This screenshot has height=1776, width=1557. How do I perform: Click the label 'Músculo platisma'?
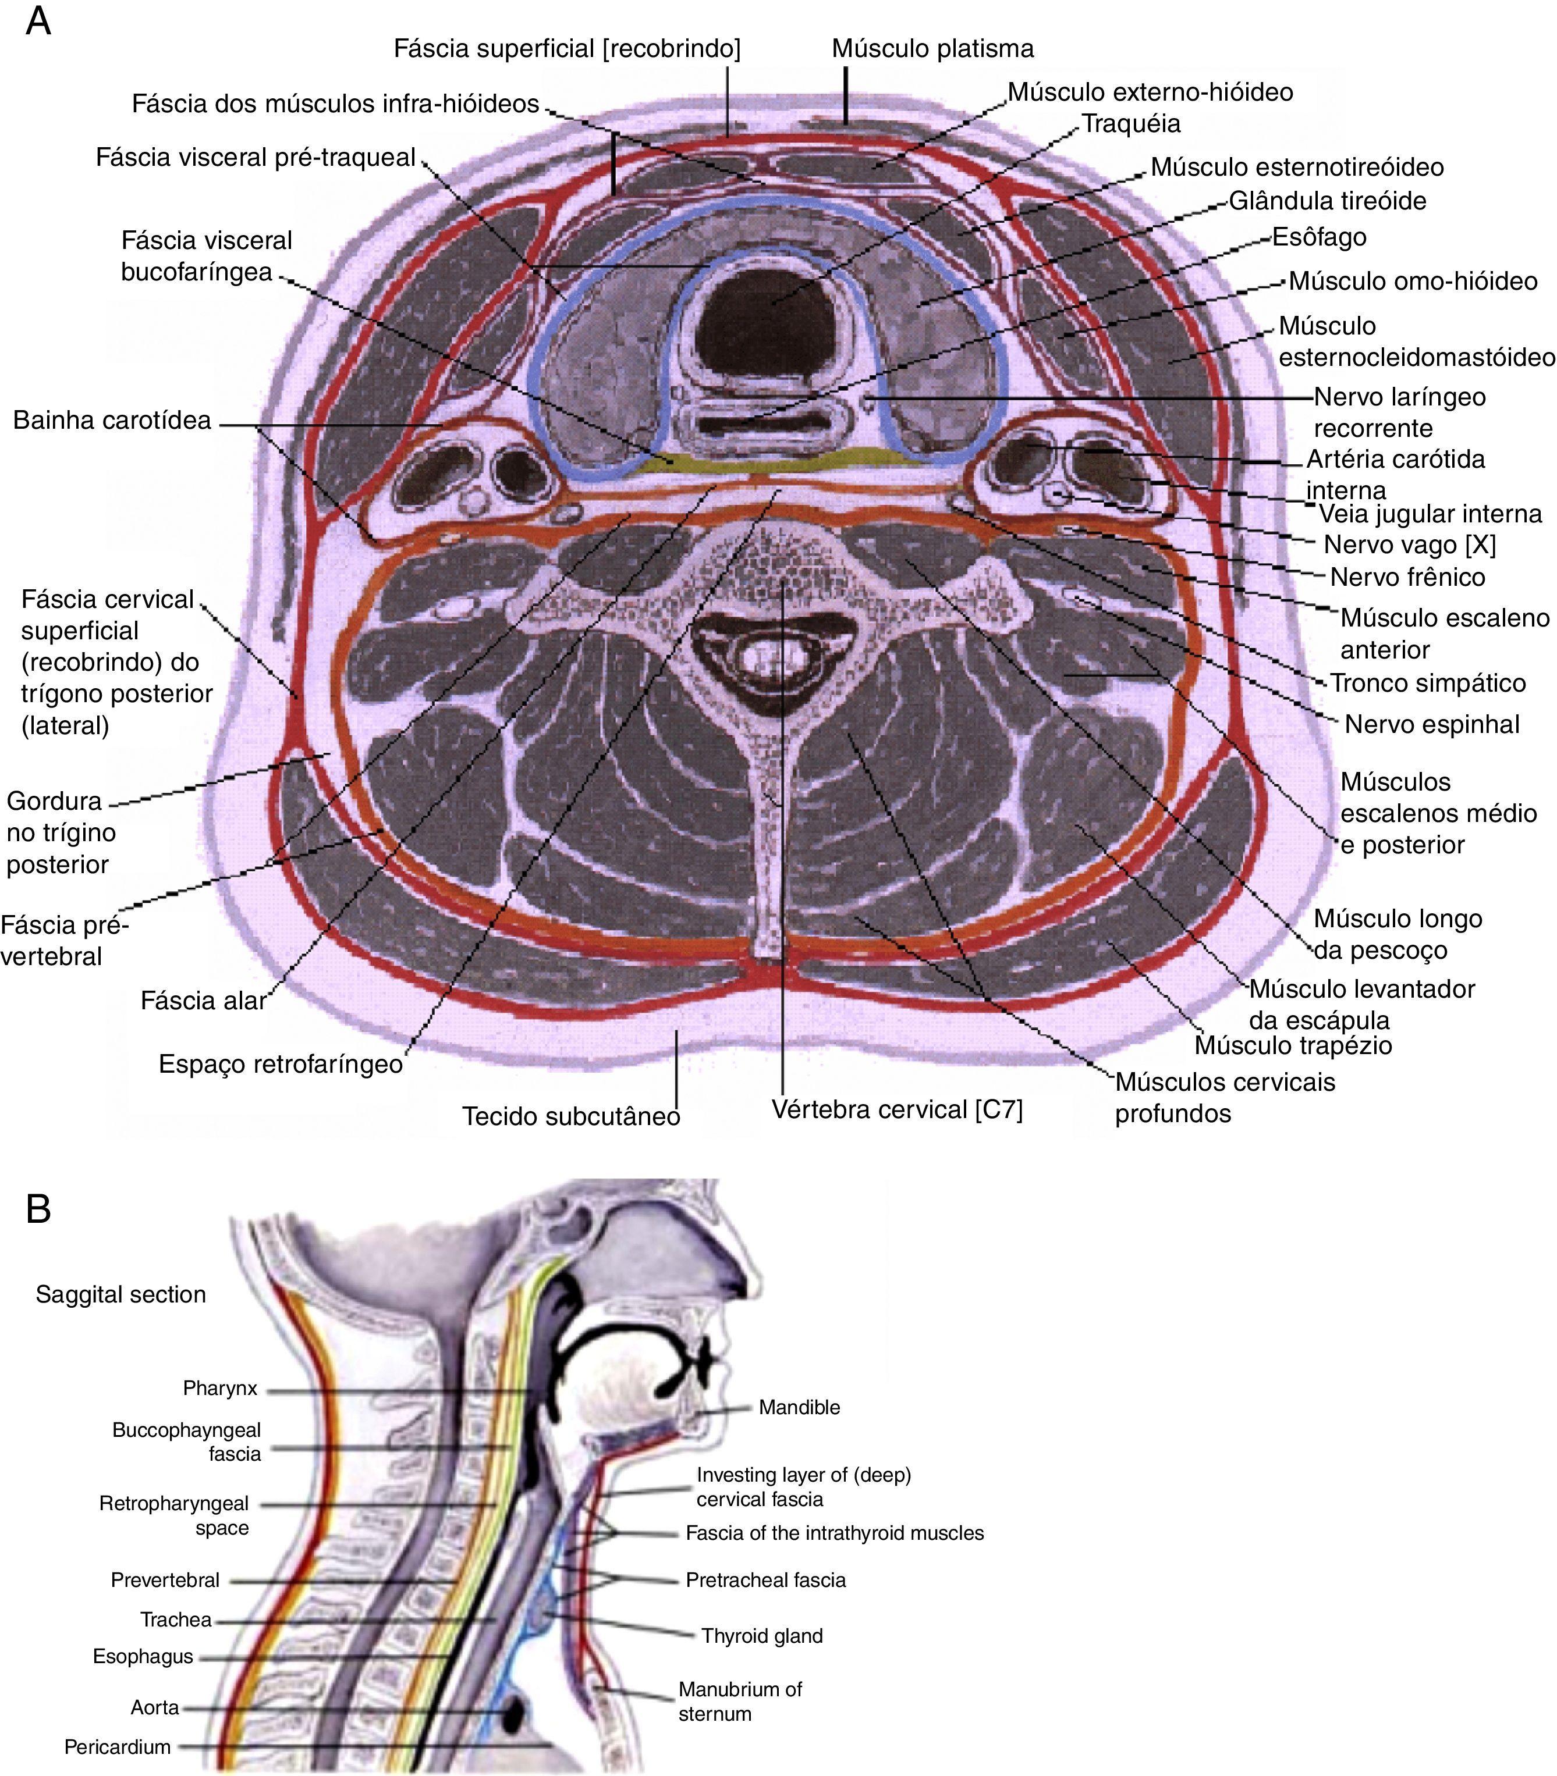(x=932, y=49)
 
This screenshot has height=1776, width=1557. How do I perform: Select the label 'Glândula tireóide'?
(x=1327, y=201)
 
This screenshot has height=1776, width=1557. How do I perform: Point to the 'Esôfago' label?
(x=1319, y=237)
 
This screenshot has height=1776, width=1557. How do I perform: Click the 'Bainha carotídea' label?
(x=112, y=421)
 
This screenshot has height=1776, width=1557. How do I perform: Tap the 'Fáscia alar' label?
(x=203, y=1001)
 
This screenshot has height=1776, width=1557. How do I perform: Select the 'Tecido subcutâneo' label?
(x=571, y=1116)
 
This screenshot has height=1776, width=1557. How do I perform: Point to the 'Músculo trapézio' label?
(x=1293, y=1045)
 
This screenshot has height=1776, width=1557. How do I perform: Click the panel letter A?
(x=38, y=22)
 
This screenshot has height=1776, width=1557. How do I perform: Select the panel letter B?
(x=38, y=1209)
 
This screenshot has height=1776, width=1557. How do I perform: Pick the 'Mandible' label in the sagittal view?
(x=799, y=1407)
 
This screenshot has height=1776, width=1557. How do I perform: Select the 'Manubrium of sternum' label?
(x=739, y=1702)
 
